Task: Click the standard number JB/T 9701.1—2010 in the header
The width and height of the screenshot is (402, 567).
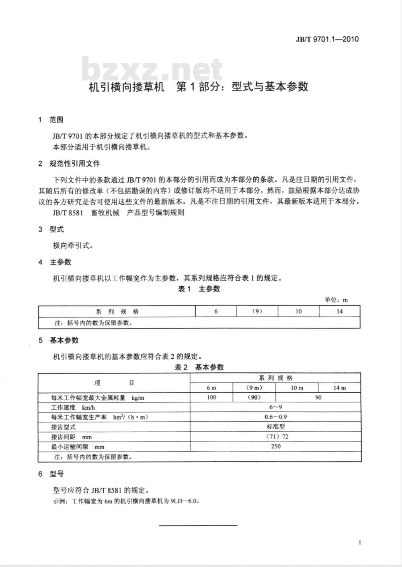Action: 327,39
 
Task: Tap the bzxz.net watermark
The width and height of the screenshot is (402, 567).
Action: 153,69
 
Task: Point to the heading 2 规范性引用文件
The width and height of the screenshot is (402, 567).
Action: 69,164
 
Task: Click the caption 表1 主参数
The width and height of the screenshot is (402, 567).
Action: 199,289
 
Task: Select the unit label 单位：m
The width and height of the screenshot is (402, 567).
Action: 336,300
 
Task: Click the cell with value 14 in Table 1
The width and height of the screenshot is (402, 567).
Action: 340,311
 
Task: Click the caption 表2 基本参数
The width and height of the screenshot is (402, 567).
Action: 199,367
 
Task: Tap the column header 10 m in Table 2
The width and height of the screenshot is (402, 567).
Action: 297,388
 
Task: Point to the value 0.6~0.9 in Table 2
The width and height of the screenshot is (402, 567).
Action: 275,417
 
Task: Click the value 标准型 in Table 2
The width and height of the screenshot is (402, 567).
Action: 275,427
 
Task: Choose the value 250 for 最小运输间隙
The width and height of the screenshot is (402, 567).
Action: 275,446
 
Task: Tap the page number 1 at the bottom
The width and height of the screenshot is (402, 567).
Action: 360,542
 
